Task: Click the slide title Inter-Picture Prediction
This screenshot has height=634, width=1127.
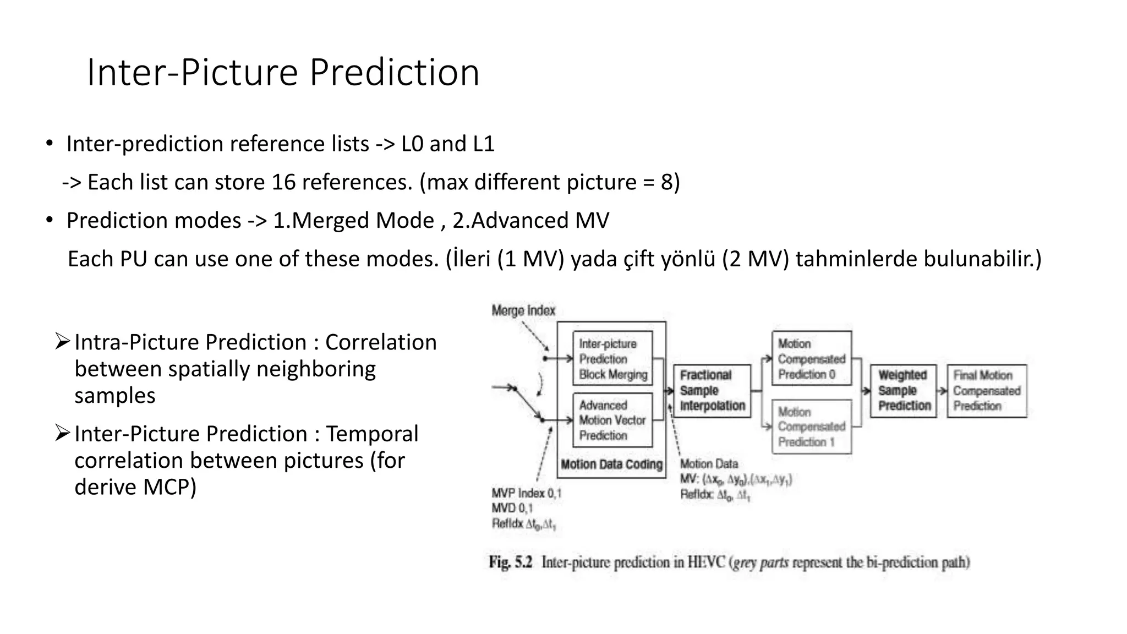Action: [x=283, y=73]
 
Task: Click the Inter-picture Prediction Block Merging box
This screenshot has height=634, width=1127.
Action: [x=612, y=359]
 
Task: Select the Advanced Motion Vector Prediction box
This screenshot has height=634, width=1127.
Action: [x=612, y=420]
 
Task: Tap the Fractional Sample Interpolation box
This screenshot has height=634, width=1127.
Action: [x=712, y=391]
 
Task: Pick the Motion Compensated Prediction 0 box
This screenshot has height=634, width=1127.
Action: [x=811, y=359]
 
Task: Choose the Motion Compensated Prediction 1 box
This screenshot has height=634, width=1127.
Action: [x=811, y=427]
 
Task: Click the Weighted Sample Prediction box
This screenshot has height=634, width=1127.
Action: [x=904, y=391]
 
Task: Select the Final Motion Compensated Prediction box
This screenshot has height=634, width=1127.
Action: [x=987, y=391]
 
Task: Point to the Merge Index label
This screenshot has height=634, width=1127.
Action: [x=523, y=311]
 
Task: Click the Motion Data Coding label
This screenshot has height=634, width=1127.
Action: [x=611, y=464]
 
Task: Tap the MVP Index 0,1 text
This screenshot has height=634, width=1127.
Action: [x=526, y=493]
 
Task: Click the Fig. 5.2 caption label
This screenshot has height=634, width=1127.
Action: [x=510, y=562]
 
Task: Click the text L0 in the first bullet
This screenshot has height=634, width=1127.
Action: [x=412, y=144]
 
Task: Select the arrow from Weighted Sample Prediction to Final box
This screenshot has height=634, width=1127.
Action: [x=942, y=391]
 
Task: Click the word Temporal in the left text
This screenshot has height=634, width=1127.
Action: [x=372, y=434]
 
